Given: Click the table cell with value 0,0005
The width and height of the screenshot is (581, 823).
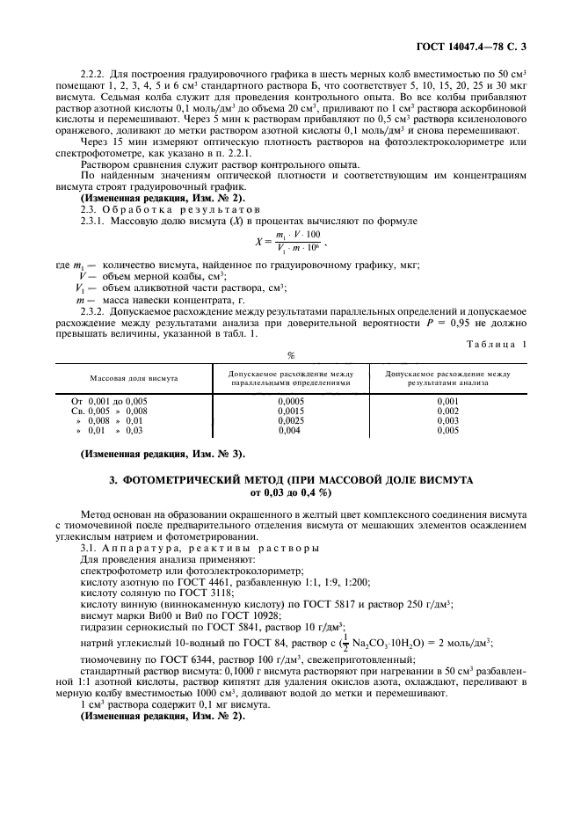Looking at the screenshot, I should pos(289,401).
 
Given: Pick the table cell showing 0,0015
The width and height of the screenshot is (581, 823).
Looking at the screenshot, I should pos(289,411).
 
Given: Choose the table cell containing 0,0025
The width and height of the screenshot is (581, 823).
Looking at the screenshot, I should pos(289,420).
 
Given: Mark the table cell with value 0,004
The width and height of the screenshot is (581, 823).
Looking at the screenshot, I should pos(289,430).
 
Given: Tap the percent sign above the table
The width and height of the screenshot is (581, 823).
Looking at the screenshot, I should pos(289,356).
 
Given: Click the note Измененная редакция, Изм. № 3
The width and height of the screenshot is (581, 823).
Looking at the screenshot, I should pos(162,454).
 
